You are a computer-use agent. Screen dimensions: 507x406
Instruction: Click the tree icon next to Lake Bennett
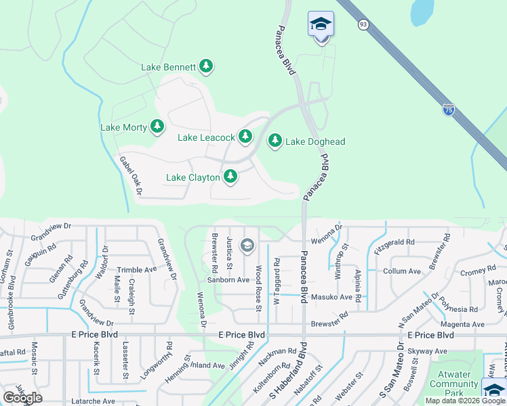tap(206, 66)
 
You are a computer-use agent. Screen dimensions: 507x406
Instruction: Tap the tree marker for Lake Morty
tap(157, 127)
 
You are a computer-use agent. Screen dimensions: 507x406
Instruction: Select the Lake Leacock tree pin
tap(245, 137)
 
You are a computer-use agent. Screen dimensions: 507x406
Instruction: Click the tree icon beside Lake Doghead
tap(275, 141)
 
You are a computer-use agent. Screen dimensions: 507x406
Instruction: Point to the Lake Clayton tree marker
tap(230, 177)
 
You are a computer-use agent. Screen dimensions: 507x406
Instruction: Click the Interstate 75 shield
tap(448, 110)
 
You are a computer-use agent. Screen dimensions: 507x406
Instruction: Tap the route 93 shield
tap(363, 24)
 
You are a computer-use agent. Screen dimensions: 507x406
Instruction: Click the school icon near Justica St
tap(247, 245)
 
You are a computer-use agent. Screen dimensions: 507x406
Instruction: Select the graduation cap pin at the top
tap(321, 26)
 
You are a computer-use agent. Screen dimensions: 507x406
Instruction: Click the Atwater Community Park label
tap(453, 384)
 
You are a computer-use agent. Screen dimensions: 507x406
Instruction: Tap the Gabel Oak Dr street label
tap(131, 176)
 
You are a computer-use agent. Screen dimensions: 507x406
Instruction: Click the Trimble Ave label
tap(137, 269)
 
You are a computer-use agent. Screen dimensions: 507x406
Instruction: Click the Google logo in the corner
tap(22, 398)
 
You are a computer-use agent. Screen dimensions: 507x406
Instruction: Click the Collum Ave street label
tap(401, 271)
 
